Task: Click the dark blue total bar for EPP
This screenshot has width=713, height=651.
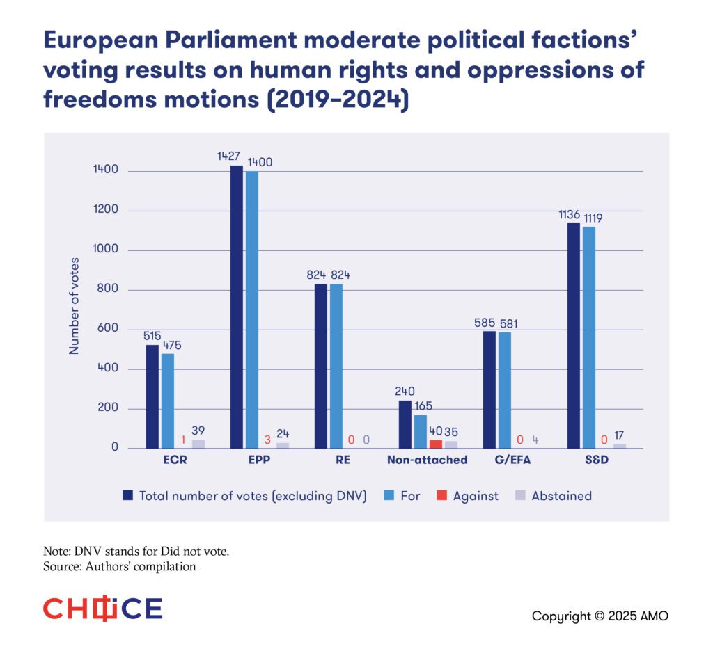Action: point(237,306)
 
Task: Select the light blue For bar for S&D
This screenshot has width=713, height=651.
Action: point(589,337)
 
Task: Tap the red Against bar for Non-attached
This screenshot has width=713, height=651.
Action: point(436,444)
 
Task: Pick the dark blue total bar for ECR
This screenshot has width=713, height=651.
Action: point(152,396)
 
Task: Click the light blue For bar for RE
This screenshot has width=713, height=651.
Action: point(336,366)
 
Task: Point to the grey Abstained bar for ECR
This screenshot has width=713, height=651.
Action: point(198,444)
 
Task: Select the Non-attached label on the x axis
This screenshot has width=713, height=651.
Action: point(427,460)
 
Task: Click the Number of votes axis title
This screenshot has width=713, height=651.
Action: point(74,306)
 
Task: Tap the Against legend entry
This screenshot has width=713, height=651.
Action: point(467,496)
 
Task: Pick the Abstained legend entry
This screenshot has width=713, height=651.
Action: point(554,496)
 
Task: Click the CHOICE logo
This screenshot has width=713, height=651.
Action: point(102,609)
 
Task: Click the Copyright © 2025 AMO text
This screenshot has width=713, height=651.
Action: point(600,616)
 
